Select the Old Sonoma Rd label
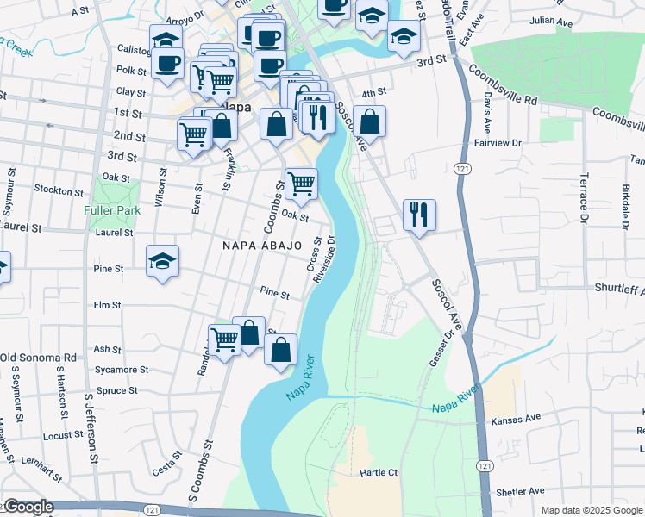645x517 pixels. coord(38,358)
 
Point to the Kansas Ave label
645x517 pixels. coord(516,418)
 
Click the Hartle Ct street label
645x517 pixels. coord(379,473)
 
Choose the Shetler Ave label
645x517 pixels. coord(521,491)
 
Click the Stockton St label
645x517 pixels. coord(58,188)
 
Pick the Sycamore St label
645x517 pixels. coord(122,370)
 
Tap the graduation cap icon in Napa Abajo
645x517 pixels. coord(162,262)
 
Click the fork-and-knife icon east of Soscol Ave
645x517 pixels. coord(419,214)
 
